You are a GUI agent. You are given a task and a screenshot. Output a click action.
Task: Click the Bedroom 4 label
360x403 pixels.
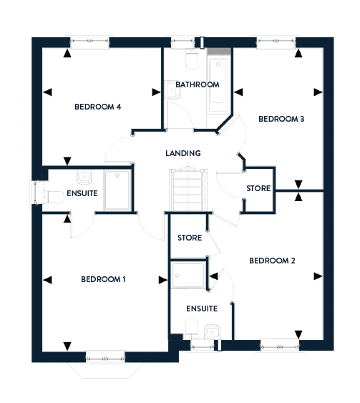[x=97, y=107]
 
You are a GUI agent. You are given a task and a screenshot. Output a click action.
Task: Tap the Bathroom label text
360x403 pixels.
[x=198, y=84]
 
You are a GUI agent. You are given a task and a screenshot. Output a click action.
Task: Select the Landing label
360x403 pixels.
[x=183, y=153]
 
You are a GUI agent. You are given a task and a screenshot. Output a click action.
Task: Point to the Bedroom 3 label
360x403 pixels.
[x=281, y=119]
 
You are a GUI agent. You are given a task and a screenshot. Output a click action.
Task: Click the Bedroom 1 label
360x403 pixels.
[x=103, y=279]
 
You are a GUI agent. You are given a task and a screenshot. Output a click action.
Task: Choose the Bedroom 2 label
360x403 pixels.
[x=272, y=261]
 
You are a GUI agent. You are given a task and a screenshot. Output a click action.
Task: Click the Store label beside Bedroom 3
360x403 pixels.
[x=258, y=188]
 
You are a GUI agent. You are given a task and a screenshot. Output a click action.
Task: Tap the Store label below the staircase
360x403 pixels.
[x=190, y=238]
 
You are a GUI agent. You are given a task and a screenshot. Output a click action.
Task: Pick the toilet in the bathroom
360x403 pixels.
[x=192, y=59]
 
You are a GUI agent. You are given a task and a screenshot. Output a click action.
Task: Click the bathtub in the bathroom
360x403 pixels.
[x=218, y=84]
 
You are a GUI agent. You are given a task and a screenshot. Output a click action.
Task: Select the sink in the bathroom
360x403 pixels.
[x=172, y=89]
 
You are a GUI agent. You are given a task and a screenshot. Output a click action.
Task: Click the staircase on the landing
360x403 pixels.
[x=188, y=189]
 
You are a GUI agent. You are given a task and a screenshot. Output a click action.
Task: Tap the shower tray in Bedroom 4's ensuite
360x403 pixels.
[x=117, y=190]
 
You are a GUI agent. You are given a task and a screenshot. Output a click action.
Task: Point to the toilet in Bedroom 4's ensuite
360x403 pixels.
[x=54, y=198]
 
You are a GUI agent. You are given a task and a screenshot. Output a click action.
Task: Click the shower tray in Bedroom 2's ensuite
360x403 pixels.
[x=188, y=274]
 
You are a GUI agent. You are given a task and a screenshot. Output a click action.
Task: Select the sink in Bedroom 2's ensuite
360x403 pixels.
[x=212, y=331]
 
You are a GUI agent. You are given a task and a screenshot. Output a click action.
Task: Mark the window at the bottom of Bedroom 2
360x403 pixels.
[x=280, y=345]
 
